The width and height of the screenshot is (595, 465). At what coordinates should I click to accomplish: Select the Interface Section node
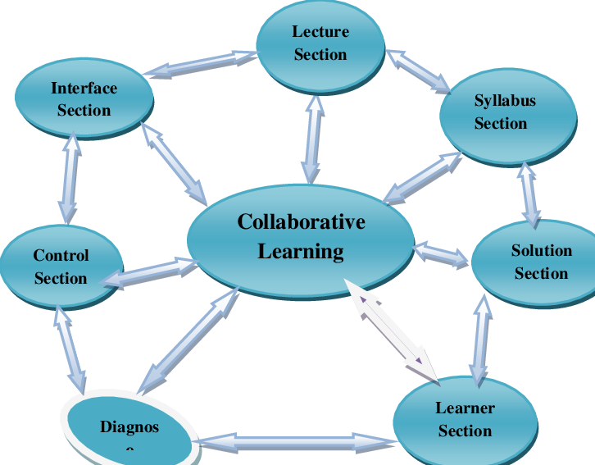pos(84,99)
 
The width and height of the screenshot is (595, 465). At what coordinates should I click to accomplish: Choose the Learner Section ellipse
pos(465,420)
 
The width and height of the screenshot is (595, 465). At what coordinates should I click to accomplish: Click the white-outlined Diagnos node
pos(129,427)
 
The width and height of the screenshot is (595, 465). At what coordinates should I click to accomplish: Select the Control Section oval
pos(61,267)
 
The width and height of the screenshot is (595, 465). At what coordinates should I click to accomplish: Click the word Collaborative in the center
pos(301,221)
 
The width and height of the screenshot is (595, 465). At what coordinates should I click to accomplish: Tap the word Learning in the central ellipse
pos(301,251)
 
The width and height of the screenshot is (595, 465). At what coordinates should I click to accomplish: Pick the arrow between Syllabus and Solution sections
pos(529,194)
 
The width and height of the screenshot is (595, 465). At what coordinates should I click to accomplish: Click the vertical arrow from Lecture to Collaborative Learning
pos(312,138)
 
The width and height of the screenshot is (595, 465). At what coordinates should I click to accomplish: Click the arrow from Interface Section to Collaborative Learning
pos(175,162)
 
